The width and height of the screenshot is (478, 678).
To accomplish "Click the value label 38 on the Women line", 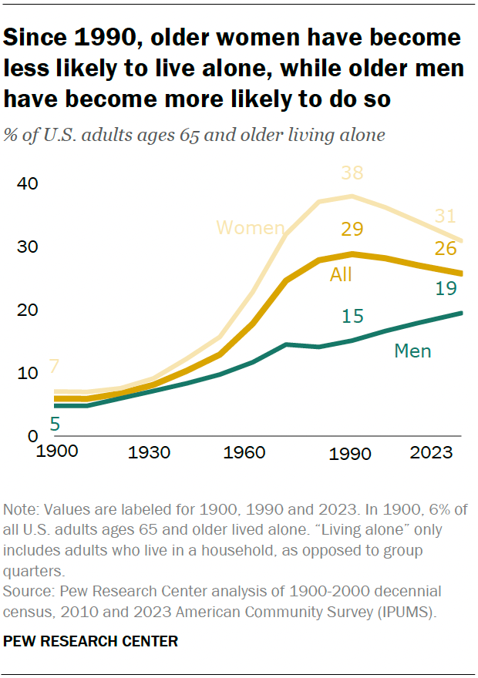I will tap(352, 174).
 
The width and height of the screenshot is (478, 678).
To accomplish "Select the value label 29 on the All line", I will tap(352, 230).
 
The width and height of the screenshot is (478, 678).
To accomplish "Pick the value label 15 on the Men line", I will tap(352, 316).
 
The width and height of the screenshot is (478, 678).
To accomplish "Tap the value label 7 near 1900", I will tap(55, 366).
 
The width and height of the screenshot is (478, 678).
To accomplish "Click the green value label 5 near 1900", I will tap(55, 424).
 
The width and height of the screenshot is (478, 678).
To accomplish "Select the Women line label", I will tap(251, 228).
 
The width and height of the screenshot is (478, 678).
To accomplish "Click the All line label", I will tap(341, 274).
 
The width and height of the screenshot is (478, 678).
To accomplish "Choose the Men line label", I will tap(412, 351).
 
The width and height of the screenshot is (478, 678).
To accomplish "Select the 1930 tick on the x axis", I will tap(150, 452).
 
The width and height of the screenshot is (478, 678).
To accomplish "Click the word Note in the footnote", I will tap(19, 510).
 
